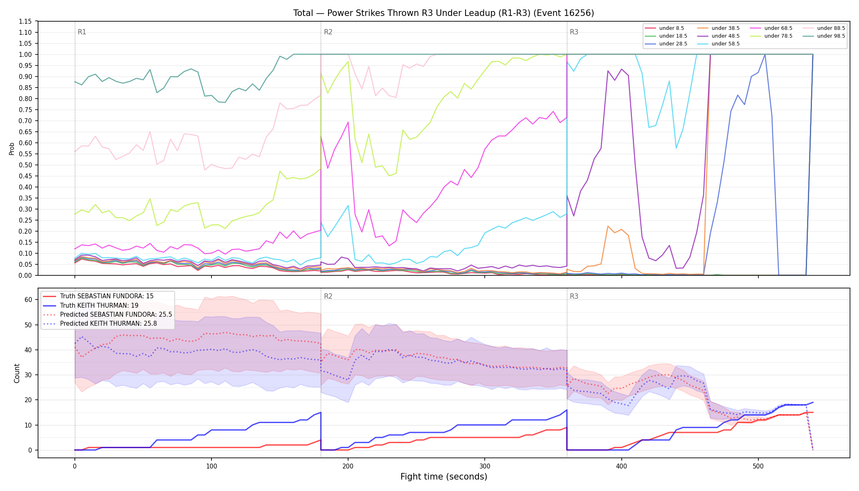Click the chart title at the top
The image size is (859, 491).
pyautogui.click(x=443, y=13)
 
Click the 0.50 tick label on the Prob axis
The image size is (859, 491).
pyautogui.click(x=25, y=165)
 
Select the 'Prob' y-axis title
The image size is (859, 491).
pyautogui.click(x=11, y=149)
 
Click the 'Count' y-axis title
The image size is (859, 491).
pyautogui.click(x=17, y=373)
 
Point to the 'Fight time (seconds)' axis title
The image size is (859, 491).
pyautogui.click(x=444, y=477)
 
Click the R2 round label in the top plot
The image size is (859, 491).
pyautogui.click(x=328, y=32)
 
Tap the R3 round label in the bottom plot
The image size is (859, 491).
pyautogui.click(x=574, y=296)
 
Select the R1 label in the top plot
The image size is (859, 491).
pyautogui.click(x=82, y=32)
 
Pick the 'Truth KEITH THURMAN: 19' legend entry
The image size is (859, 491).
pyautogui.click(x=99, y=305)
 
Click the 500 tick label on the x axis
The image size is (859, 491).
pyautogui.click(x=758, y=466)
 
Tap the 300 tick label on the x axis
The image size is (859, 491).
pyautogui.click(x=485, y=466)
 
